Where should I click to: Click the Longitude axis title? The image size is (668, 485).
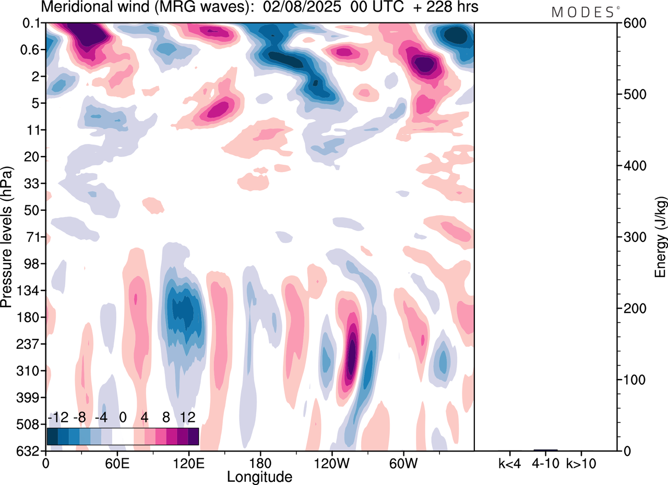click(259, 477)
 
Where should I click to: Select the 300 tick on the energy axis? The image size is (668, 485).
click(631, 237)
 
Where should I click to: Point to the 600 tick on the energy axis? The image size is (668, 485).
click(631, 23)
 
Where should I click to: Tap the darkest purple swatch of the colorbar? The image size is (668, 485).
click(193, 436)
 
